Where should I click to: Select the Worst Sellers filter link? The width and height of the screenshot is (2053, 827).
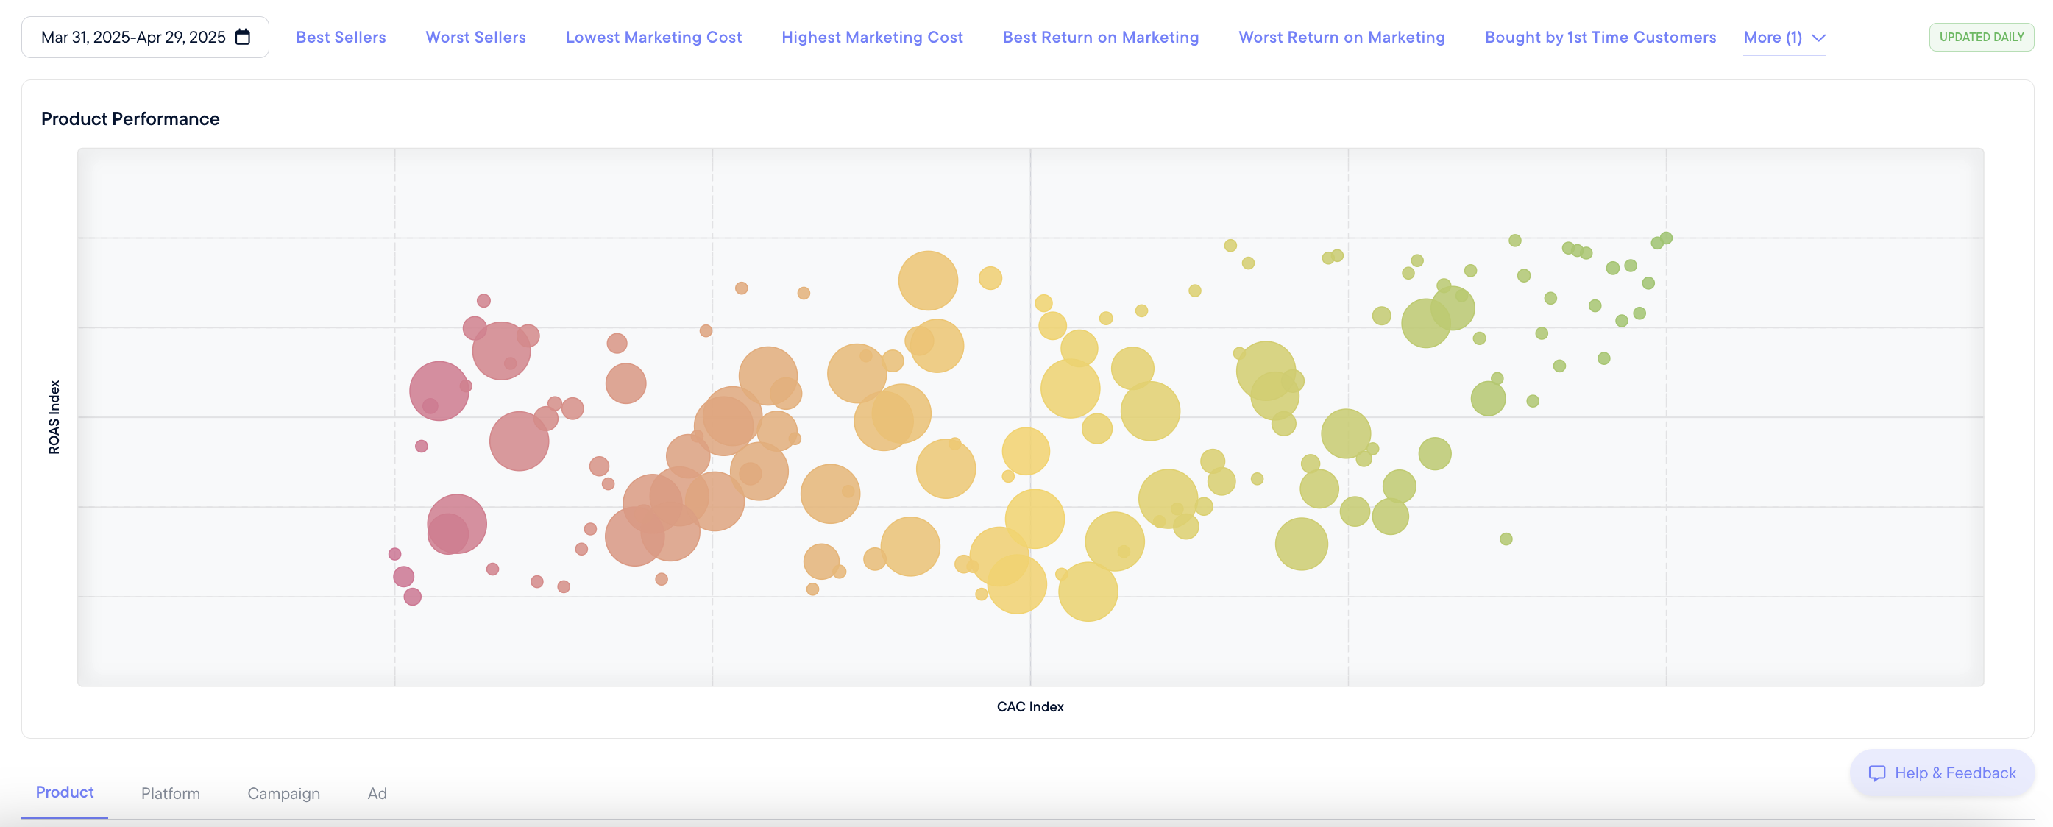(475, 38)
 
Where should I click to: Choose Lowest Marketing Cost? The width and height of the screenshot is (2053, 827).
(653, 38)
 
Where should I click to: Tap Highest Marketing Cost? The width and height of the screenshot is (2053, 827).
(871, 38)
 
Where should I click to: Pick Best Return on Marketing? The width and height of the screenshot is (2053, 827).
(1100, 38)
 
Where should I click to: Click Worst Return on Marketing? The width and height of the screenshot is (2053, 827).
(1341, 38)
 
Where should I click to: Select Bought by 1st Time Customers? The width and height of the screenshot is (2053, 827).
(1600, 38)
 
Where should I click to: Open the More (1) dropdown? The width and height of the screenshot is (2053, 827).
(1784, 38)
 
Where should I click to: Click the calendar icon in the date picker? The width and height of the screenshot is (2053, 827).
(243, 37)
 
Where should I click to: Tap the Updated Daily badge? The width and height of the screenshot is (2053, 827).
(1980, 38)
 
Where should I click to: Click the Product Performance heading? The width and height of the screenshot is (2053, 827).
(130, 118)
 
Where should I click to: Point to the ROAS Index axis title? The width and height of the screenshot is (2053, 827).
(54, 416)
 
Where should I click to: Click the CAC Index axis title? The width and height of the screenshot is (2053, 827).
(1029, 706)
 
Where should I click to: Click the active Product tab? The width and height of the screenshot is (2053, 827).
(65, 792)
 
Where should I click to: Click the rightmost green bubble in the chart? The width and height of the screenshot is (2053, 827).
(1666, 238)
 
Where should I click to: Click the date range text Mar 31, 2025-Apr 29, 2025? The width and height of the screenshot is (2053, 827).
(133, 38)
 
